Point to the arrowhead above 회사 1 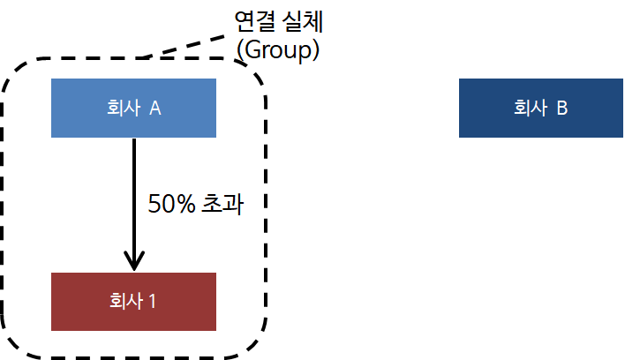(x=133, y=261)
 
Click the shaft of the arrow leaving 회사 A (x=133, y=194)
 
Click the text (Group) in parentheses (x=277, y=49)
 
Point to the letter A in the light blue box (x=154, y=109)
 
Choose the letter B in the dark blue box (x=561, y=109)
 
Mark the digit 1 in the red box (x=152, y=302)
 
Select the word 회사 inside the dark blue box (x=530, y=109)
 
